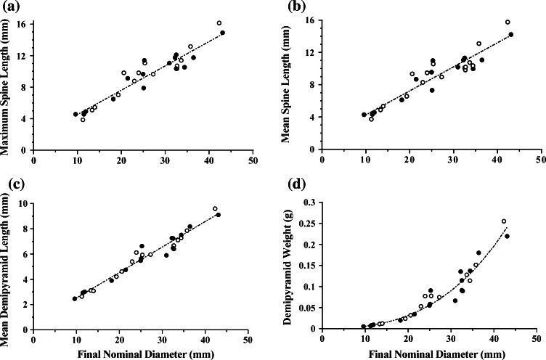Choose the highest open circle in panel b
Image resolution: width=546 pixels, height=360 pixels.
coord(508,22)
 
